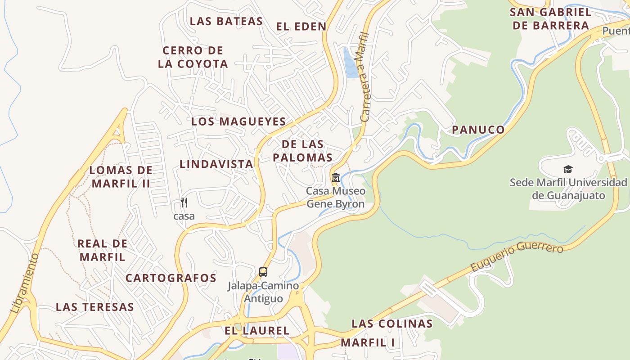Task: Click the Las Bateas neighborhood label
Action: [x=226, y=21]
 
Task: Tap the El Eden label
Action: [x=301, y=26]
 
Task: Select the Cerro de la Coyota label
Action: [x=193, y=57]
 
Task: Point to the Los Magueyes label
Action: [x=238, y=121]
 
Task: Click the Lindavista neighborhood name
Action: [x=216, y=164]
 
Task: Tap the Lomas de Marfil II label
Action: [x=121, y=177]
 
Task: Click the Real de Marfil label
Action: [x=103, y=250]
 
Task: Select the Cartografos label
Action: [x=171, y=278]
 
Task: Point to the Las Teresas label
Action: [x=95, y=307]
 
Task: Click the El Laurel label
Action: [x=257, y=331]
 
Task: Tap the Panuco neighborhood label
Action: [x=478, y=130]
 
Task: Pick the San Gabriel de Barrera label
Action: [x=551, y=19]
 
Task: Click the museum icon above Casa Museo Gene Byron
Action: [x=335, y=178]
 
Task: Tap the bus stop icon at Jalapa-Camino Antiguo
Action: [x=263, y=272]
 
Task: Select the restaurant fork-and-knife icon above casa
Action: [x=184, y=202]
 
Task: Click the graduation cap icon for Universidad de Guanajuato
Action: [x=568, y=170]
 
